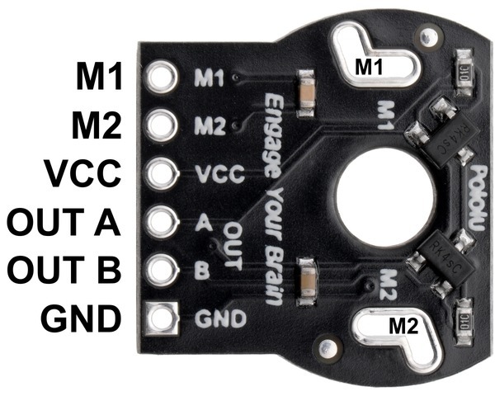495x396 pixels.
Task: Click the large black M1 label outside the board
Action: pyautogui.click(x=99, y=76)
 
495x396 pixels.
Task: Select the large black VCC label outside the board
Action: pyautogui.click(x=82, y=173)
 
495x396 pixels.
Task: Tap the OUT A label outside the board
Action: pyautogui.click(x=64, y=222)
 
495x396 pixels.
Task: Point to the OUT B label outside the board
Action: pyautogui.click(x=64, y=270)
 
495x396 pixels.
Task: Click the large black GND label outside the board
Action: pyautogui.click(x=81, y=318)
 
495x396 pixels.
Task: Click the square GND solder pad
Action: pyautogui.click(x=161, y=318)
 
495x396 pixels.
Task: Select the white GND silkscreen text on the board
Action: pyautogui.click(x=220, y=318)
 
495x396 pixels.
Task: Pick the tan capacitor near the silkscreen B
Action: pyautogui.click(x=307, y=281)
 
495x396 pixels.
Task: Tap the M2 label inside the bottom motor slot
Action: pyautogui.click(x=403, y=326)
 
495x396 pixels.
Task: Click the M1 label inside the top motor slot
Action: pyautogui.click(x=369, y=67)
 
